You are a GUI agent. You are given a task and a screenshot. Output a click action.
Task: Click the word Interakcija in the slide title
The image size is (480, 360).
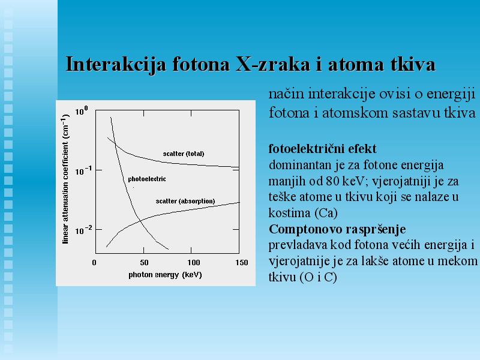(116, 65)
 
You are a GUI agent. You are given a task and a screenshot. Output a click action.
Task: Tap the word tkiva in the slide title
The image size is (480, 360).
(413, 64)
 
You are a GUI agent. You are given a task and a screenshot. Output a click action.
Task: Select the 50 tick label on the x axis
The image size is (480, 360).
(144, 262)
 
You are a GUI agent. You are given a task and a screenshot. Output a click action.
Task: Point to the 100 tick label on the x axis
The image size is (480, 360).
(194, 262)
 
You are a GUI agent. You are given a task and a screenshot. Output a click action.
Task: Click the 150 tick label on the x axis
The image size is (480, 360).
(242, 262)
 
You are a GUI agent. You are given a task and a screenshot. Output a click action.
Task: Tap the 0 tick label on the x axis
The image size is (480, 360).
(94, 262)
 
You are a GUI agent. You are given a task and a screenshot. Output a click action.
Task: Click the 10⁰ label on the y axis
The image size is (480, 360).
(82, 110)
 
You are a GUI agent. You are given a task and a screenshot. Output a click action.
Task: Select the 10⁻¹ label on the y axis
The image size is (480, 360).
(83, 171)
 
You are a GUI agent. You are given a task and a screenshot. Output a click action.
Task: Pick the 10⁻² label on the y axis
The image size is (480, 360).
(83, 230)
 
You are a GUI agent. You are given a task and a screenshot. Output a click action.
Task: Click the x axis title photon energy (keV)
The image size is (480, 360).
(166, 275)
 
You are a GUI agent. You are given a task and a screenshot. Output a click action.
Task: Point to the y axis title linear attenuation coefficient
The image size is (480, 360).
(65, 179)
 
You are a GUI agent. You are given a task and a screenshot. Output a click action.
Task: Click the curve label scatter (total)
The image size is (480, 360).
(184, 154)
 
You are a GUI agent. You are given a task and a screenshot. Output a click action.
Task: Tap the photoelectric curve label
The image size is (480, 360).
(147, 179)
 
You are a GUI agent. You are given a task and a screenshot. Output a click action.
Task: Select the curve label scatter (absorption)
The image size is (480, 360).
(185, 201)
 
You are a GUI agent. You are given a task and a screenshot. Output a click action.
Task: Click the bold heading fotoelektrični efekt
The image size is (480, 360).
(322, 149)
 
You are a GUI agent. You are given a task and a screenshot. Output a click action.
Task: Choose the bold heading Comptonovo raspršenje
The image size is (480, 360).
(337, 229)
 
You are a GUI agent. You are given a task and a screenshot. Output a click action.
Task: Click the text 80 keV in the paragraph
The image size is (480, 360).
(346, 181)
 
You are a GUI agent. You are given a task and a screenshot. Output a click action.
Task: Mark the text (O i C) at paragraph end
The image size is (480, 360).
(319, 277)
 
